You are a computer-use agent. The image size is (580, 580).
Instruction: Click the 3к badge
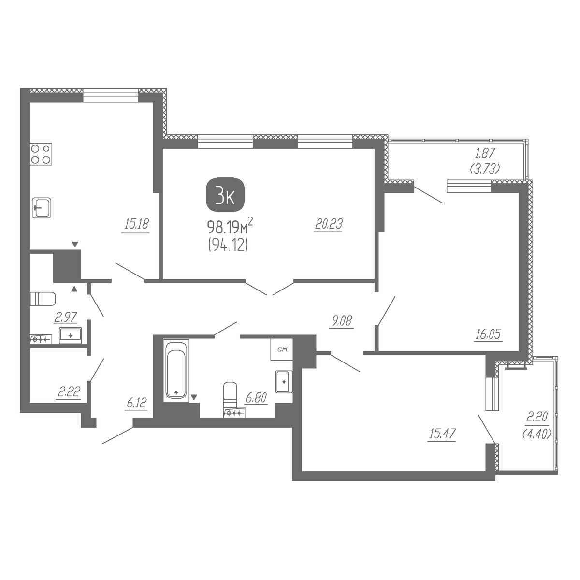[x=225, y=194]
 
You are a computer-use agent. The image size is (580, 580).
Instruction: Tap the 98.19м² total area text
[x=230, y=227]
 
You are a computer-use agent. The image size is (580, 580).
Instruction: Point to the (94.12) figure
[x=228, y=246]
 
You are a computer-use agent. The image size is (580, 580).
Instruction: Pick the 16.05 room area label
[x=488, y=334]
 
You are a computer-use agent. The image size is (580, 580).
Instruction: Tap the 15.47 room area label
[x=442, y=434]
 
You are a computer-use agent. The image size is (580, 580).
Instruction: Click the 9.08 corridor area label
[x=342, y=321]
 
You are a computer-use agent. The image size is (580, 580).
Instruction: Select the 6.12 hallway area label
[x=137, y=403]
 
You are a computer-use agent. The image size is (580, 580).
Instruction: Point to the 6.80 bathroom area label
[x=256, y=398]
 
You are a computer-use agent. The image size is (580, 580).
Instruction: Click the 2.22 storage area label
[x=69, y=392]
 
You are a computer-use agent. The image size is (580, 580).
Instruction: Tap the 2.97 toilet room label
[x=66, y=317]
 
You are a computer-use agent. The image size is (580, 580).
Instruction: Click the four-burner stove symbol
[x=41, y=154]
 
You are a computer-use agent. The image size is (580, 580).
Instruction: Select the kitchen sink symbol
[x=42, y=208]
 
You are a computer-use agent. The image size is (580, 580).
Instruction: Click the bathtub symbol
[x=176, y=371]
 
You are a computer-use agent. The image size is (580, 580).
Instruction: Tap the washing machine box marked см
[x=282, y=349]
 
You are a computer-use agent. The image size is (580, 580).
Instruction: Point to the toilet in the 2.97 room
[x=43, y=299]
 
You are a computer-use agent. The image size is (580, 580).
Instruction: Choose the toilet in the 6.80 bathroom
[x=230, y=394]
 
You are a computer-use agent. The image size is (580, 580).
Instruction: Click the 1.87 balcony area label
[x=485, y=153]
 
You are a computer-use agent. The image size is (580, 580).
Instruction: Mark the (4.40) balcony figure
[x=537, y=435]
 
